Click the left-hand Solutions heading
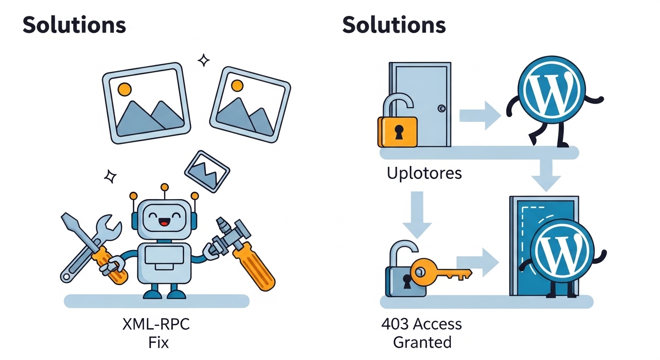pos(74,25)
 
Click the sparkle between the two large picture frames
pos(203,60)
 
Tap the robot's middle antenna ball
pos(164,187)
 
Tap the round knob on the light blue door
pos(442,109)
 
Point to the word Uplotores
pos(424,173)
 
